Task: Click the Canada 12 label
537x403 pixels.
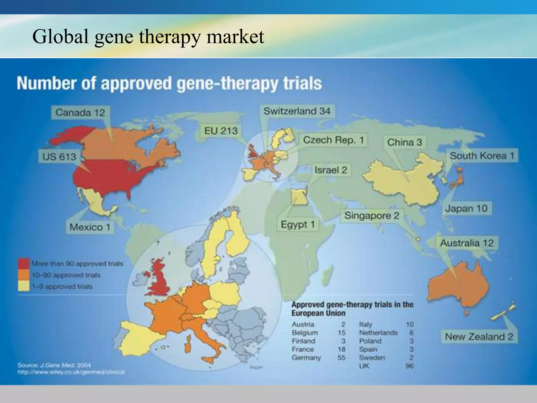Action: (x=80, y=113)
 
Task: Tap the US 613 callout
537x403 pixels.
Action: (x=59, y=157)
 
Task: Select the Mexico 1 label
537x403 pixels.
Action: (x=90, y=227)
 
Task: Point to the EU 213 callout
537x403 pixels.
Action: (x=221, y=130)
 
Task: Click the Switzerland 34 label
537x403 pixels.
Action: (x=297, y=111)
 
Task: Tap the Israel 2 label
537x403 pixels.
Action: (x=331, y=170)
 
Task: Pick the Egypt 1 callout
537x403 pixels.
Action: (x=298, y=224)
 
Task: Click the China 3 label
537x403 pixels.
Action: (x=405, y=142)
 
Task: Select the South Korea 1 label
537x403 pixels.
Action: (x=482, y=156)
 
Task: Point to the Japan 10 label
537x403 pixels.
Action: (x=466, y=209)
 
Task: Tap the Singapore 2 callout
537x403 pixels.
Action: (x=372, y=215)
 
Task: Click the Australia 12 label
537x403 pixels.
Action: (x=467, y=243)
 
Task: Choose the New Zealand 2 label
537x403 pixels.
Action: (x=479, y=336)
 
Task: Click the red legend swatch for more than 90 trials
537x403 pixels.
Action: (x=24, y=263)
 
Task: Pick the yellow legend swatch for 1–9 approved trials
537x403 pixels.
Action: (x=24, y=286)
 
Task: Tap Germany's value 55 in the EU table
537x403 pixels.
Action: (x=341, y=358)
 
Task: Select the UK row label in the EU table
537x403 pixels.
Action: (x=364, y=366)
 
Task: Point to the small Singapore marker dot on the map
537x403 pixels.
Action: (x=418, y=239)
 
